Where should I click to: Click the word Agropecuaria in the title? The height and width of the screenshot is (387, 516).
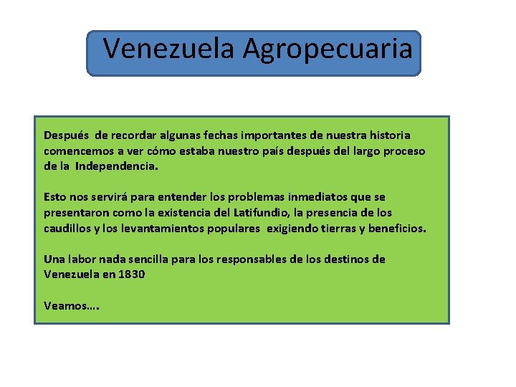[x=328, y=49]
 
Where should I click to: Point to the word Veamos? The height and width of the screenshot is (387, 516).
[x=66, y=305]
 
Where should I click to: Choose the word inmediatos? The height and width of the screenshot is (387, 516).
[x=305, y=196]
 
